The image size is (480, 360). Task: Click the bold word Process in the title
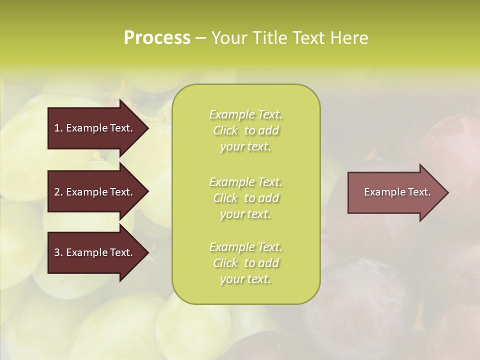click(x=157, y=38)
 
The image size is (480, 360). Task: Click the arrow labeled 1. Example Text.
click(x=95, y=128)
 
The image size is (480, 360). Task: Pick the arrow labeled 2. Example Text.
click(x=95, y=192)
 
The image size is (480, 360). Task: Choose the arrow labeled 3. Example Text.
click(x=95, y=252)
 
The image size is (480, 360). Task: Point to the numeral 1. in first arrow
click(x=58, y=128)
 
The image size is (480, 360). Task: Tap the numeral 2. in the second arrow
click(x=58, y=192)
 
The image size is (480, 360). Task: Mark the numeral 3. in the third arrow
click(x=58, y=252)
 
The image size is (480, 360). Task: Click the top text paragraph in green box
click(x=245, y=130)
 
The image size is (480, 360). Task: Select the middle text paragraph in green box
click(x=245, y=198)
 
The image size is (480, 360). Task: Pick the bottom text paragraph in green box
click(x=245, y=263)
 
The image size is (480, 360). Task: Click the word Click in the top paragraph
click(x=225, y=131)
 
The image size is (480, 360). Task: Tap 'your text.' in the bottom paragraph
click(x=245, y=279)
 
